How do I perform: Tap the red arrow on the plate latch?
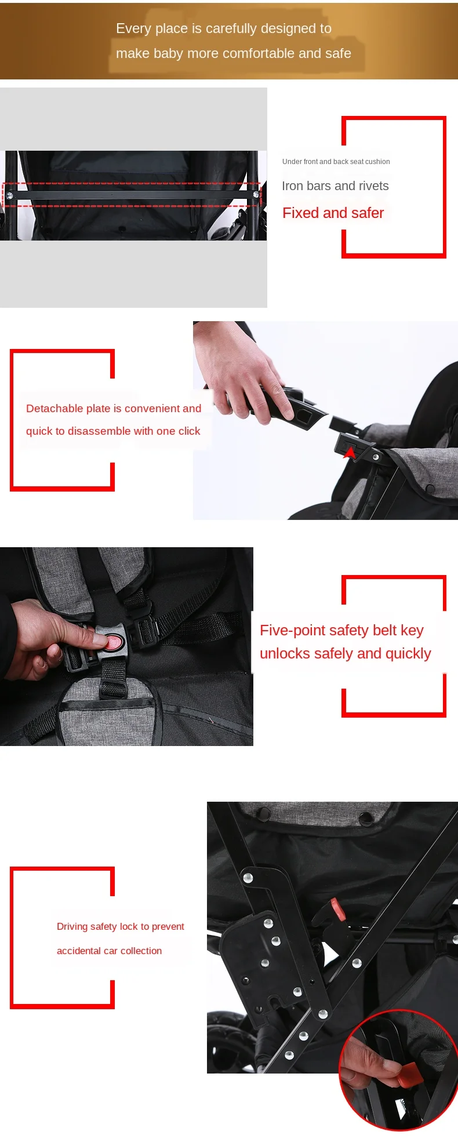350,453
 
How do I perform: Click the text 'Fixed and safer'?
333,213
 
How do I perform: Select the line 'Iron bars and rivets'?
335,186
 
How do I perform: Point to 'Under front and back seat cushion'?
336,162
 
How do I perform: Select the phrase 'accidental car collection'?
109,951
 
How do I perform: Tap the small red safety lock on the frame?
337,908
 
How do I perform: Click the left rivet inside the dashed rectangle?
9,196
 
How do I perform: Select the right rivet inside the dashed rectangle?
256,195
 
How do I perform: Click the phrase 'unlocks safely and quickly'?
345,653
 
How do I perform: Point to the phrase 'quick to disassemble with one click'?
113,431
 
